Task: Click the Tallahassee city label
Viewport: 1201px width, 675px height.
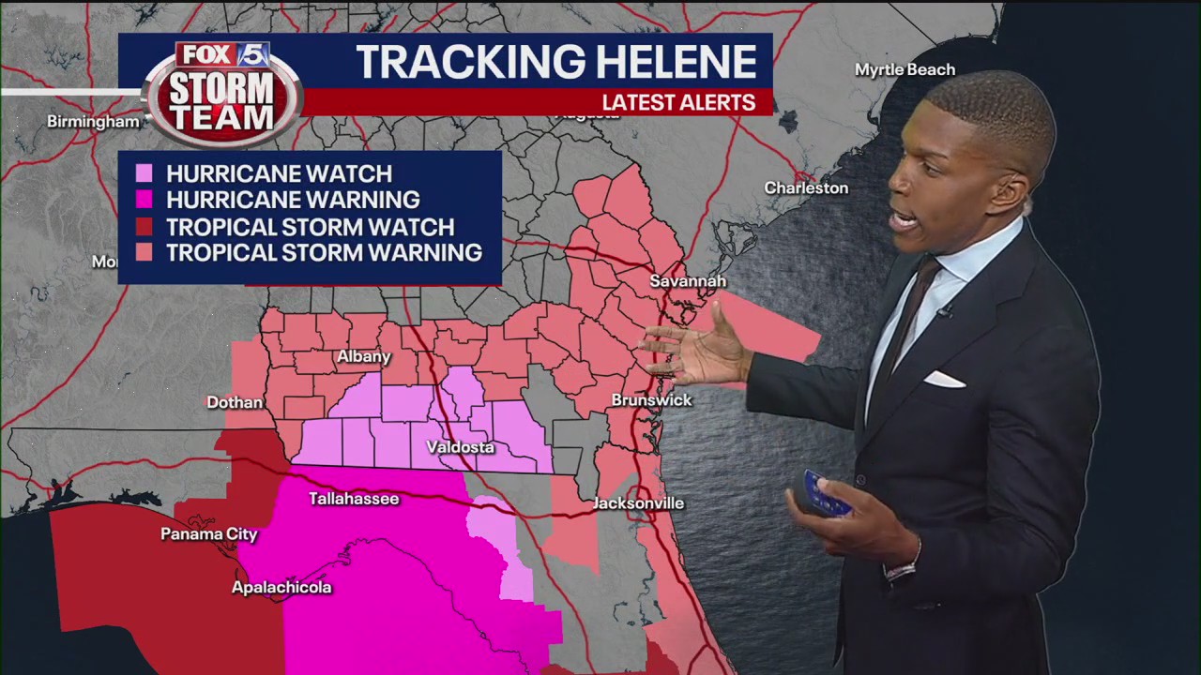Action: point(354,499)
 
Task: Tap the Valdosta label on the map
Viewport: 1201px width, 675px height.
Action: point(460,447)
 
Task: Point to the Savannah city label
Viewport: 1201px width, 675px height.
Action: point(688,281)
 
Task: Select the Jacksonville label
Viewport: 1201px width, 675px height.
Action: point(638,503)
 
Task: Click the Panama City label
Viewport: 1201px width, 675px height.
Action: point(208,534)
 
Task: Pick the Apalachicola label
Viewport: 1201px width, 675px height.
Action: point(281,588)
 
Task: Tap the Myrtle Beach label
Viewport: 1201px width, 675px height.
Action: point(905,69)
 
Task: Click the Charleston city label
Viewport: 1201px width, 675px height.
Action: point(806,187)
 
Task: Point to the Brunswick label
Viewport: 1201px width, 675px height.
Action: point(651,400)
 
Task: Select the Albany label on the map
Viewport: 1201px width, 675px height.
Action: point(363,356)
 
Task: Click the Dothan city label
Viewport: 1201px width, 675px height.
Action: point(235,402)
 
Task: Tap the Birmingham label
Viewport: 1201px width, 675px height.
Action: point(93,122)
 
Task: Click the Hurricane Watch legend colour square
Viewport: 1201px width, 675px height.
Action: point(144,173)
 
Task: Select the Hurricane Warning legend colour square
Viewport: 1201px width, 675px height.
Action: point(144,200)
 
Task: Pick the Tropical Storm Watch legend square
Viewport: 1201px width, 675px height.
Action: point(144,226)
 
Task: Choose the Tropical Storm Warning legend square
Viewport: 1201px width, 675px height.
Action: point(144,252)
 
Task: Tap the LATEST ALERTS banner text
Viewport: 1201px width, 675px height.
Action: point(678,103)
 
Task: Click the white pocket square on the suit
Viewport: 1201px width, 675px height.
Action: point(944,379)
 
